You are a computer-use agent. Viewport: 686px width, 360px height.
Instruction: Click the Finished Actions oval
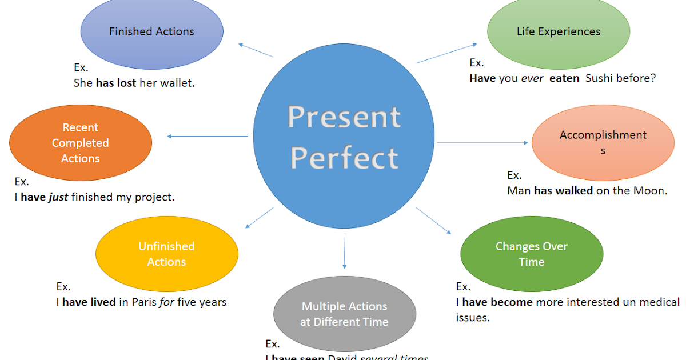click(x=151, y=32)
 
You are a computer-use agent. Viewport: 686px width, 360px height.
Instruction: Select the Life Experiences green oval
click(x=558, y=32)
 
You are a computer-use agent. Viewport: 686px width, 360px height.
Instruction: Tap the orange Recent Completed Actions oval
click(x=81, y=143)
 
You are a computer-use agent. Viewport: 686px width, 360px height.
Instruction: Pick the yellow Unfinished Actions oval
click(x=166, y=254)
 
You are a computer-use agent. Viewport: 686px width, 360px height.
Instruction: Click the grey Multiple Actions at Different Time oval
click(x=344, y=314)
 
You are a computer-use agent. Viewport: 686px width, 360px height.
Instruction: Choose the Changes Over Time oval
click(x=531, y=254)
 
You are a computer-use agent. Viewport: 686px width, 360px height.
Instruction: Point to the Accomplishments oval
click(x=603, y=143)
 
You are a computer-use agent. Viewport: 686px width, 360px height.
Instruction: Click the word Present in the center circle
click(x=344, y=117)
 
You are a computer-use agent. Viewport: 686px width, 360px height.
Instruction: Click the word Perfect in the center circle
click(x=344, y=158)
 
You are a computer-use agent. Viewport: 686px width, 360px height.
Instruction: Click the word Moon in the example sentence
click(x=648, y=191)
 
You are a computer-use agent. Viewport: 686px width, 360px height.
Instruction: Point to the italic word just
click(x=58, y=197)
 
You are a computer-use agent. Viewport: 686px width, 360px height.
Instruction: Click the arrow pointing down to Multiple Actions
click(x=344, y=251)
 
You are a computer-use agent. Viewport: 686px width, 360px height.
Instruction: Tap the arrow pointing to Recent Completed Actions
click(x=209, y=136)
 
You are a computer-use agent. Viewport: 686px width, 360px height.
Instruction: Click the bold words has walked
click(x=563, y=191)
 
